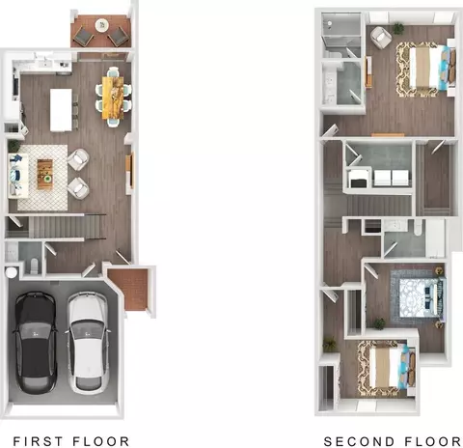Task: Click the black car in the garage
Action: (x=36, y=343)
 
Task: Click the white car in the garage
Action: (x=88, y=343)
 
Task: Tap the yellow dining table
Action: (x=113, y=98)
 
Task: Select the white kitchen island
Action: (x=61, y=110)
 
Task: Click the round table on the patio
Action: (x=102, y=25)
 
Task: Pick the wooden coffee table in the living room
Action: (x=44, y=174)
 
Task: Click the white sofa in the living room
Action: (x=18, y=176)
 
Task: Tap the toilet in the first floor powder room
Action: (x=34, y=266)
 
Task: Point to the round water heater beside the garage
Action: (x=12, y=272)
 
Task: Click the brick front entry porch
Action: (x=132, y=290)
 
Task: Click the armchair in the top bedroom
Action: (x=381, y=38)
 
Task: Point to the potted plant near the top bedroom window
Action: (x=398, y=28)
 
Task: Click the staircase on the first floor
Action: (x=66, y=227)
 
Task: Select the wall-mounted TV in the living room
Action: (x=131, y=170)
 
